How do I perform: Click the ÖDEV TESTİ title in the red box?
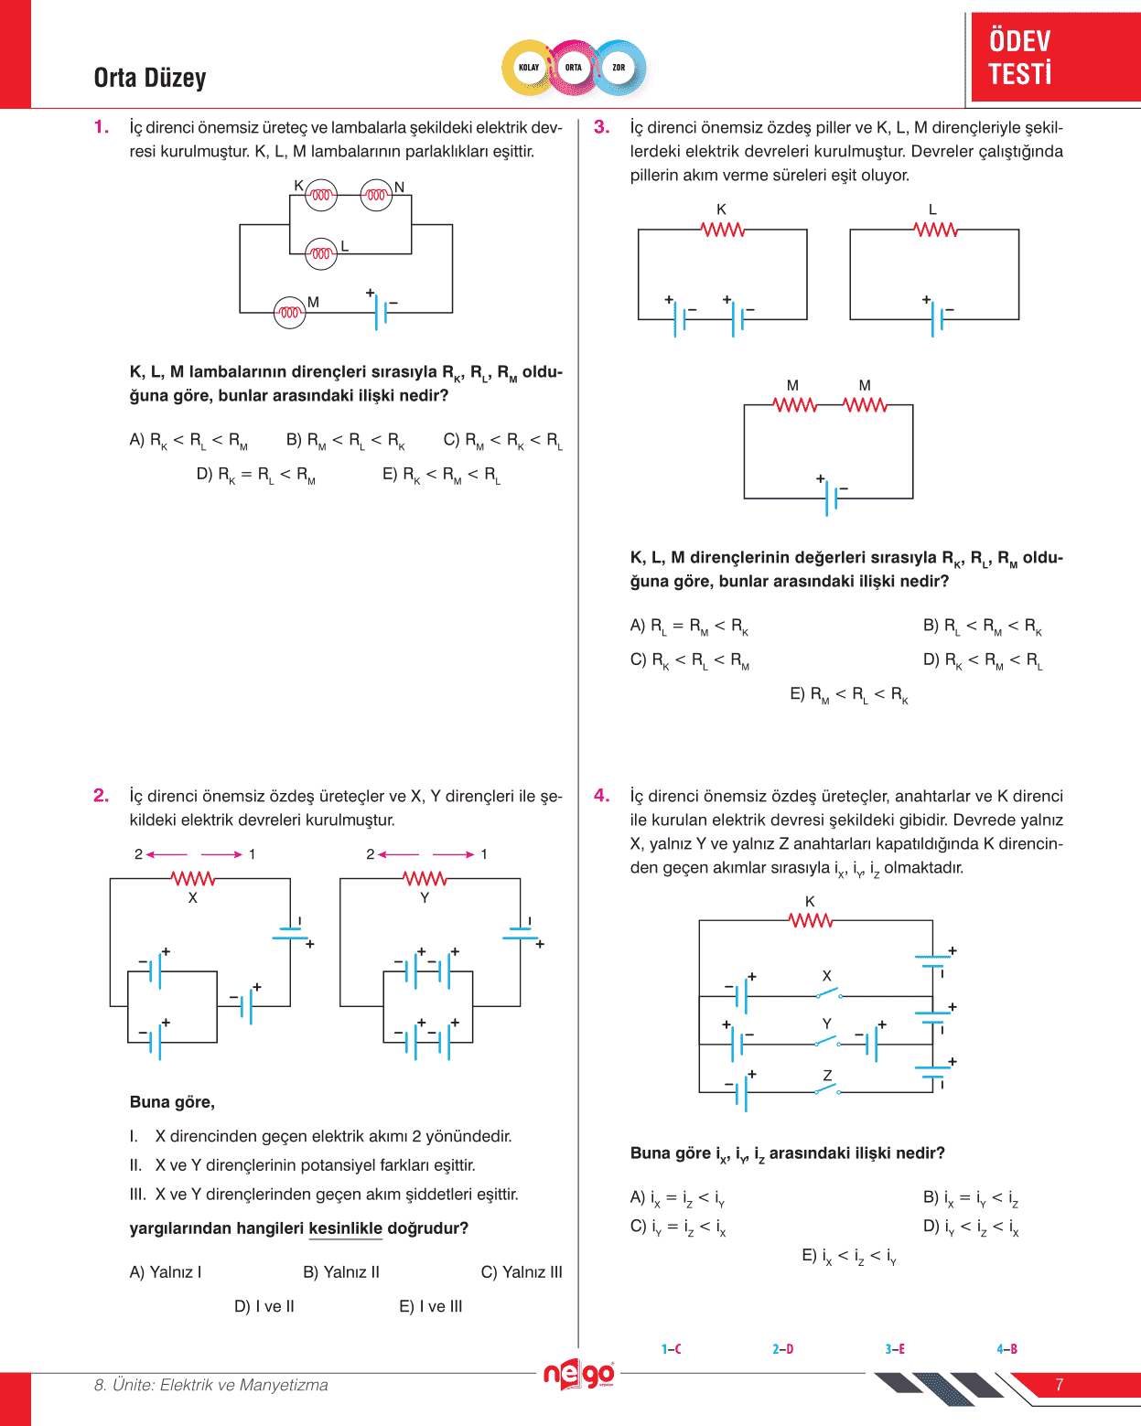(x=1020, y=57)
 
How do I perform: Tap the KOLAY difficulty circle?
(x=529, y=68)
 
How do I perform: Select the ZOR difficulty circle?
(x=619, y=68)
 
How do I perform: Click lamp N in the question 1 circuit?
(x=376, y=195)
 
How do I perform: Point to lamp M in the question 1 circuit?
(x=290, y=313)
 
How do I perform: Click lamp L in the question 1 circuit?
(x=321, y=253)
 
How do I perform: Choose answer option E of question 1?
(x=441, y=475)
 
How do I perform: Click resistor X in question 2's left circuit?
(x=193, y=879)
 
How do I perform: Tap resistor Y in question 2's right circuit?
(x=425, y=879)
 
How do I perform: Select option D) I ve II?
(x=264, y=1306)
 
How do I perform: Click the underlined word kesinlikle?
(x=345, y=1228)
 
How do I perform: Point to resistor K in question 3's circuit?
(x=723, y=230)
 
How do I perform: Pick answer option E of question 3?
(x=849, y=694)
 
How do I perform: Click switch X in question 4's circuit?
(x=827, y=993)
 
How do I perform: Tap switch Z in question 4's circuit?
(x=827, y=1089)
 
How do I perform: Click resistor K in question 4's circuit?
(x=812, y=920)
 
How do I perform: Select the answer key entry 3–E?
(x=895, y=1349)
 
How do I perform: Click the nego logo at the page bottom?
(x=578, y=1375)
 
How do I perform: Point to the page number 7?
(x=1060, y=1385)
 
